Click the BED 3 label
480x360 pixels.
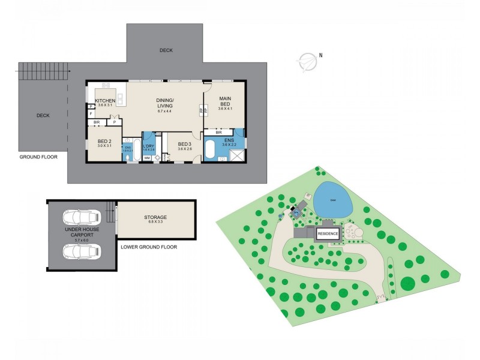point(185,144)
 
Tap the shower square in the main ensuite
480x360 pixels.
point(236,155)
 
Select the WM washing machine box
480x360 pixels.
point(147,158)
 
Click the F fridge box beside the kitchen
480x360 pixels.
point(90,113)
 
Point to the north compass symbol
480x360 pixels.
point(307,61)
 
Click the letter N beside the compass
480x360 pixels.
point(321,56)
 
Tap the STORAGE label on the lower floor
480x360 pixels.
point(155,217)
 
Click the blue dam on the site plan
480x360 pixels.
point(333,200)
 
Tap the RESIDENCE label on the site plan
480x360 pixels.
point(328,233)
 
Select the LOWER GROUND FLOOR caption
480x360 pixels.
point(149,247)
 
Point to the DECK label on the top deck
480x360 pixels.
point(166,50)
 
